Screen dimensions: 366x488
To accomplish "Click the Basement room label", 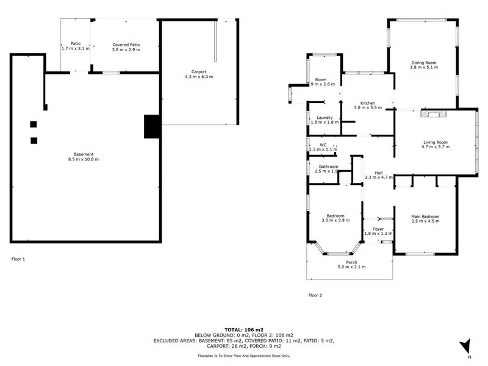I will pyautogui.click(x=83, y=154).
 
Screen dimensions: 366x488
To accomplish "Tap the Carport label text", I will pyautogui.click(x=198, y=71).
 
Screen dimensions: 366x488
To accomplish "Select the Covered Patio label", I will pyautogui.click(x=126, y=45).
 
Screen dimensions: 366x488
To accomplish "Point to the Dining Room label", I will pyautogui.click(x=423, y=62).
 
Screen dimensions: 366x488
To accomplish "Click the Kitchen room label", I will pyautogui.click(x=367, y=102).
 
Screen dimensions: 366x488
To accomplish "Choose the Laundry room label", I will pyautogui.click(x=324, y=117).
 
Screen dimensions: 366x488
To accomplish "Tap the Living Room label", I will pyautogui.click(x=436, y=142).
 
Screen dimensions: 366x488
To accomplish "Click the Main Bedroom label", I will pyautogui.click(x=425, y=217).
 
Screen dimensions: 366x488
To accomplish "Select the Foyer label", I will pyautogui.click(x=378, y=228).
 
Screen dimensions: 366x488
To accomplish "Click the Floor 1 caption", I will pyautogui.click(x=19, y=259).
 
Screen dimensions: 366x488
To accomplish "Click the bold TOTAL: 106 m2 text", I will pyautogui.click(x=244, y=329).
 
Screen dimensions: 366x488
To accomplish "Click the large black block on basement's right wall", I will pyautogui.click(x=151, y=126).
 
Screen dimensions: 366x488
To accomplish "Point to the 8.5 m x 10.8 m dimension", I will pyautogui.click(x=83, y=159).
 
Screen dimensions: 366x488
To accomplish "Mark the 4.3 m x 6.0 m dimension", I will pyautogui.click(x=198, y=77).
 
